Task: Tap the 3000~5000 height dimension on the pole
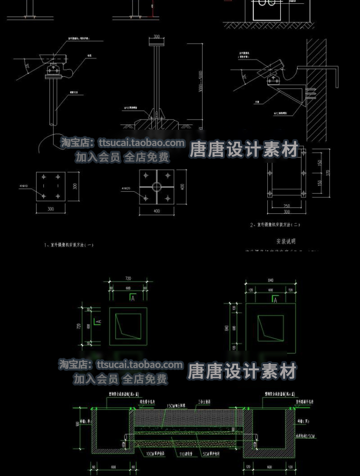pyautogui.click(x=200, y=83)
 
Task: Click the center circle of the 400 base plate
pyautogui.click(x=156, y=186)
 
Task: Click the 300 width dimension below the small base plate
pyautogui.click(x=50, y=209)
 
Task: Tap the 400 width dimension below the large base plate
pyautogui.click(x=156, y=211)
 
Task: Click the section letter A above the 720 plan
pyautogui.click(x=132, y=298)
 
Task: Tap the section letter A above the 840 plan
pyautogui.click(x=276, y=300)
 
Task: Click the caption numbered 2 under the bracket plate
pyautogui.click(x=275, y=225)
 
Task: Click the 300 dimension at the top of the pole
pyautogui.click(x=156, y=37)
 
